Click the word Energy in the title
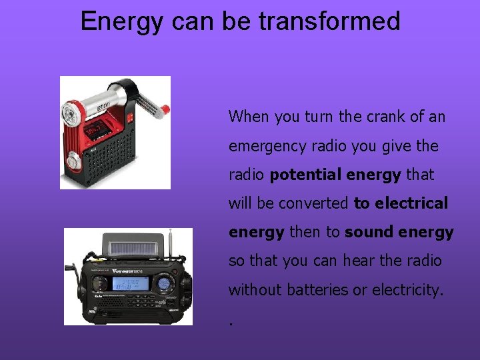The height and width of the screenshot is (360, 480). [x=121, y=21]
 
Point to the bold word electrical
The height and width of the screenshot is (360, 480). [x=411, y=203]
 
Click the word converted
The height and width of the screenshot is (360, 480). [x=313, y=203]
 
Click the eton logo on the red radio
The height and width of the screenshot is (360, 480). [x=104, y=107]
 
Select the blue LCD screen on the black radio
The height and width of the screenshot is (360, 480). [x=129, y=283]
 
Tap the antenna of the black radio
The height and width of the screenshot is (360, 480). [x=171, y=243]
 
